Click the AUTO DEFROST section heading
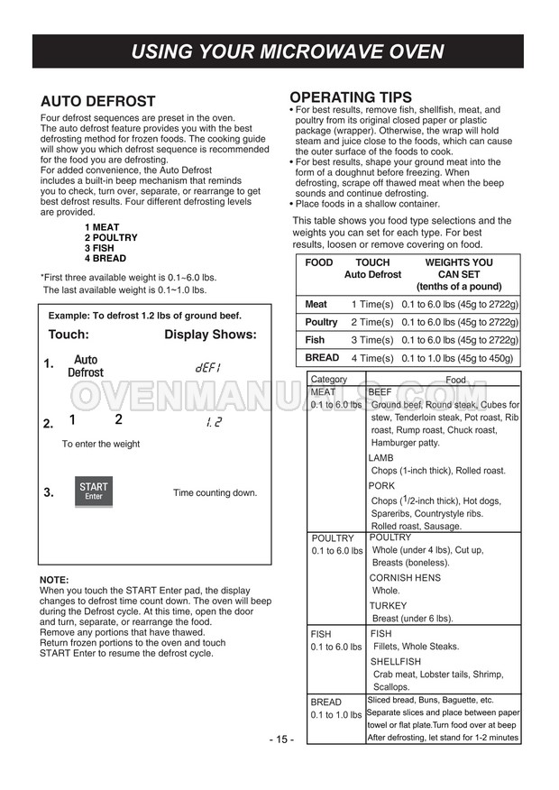pyautogui.click(x=98, y=102)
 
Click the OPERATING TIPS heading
pyautogui.click(x=350, y=97)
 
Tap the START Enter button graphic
pyautogui.click(x=94, y=491)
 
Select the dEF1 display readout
pyautogui.click(x=207, y=368)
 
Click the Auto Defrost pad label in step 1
pyautogui.click(x=86, y=366)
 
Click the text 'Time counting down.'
pyautogui.click(x=215, y=493)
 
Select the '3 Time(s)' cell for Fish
pyautogui.click(x=372, y=340)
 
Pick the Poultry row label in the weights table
pyautogui.click(x=321, y=322)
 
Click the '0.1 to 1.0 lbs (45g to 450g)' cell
pyautogui.click(x=459, y=358)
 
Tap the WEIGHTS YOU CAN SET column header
pyautogui.click(x=459, y=274)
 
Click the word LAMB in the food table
pyautogui.click(x=380, y=458)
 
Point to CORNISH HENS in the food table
pyautogui.click(x=405, y=578)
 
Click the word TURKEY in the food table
pyautogui.click(x=388, y=606)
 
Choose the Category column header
pyautogui.click(x=329, y=381)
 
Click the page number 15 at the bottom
pyautogui.click(x=279, y=739)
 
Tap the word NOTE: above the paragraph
pyautogui.click(x=54, y=579)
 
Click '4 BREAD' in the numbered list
pyautogui.click(x=105, y=259)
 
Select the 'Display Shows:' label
pyautogui.click(x=210, y=335)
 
